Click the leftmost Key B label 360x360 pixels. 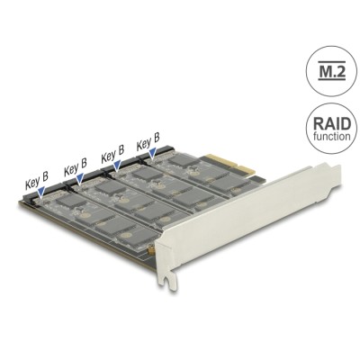click(x=35, y=184)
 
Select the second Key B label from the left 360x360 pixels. click(x=75, y=168)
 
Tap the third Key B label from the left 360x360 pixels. click(x=112, y=155)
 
